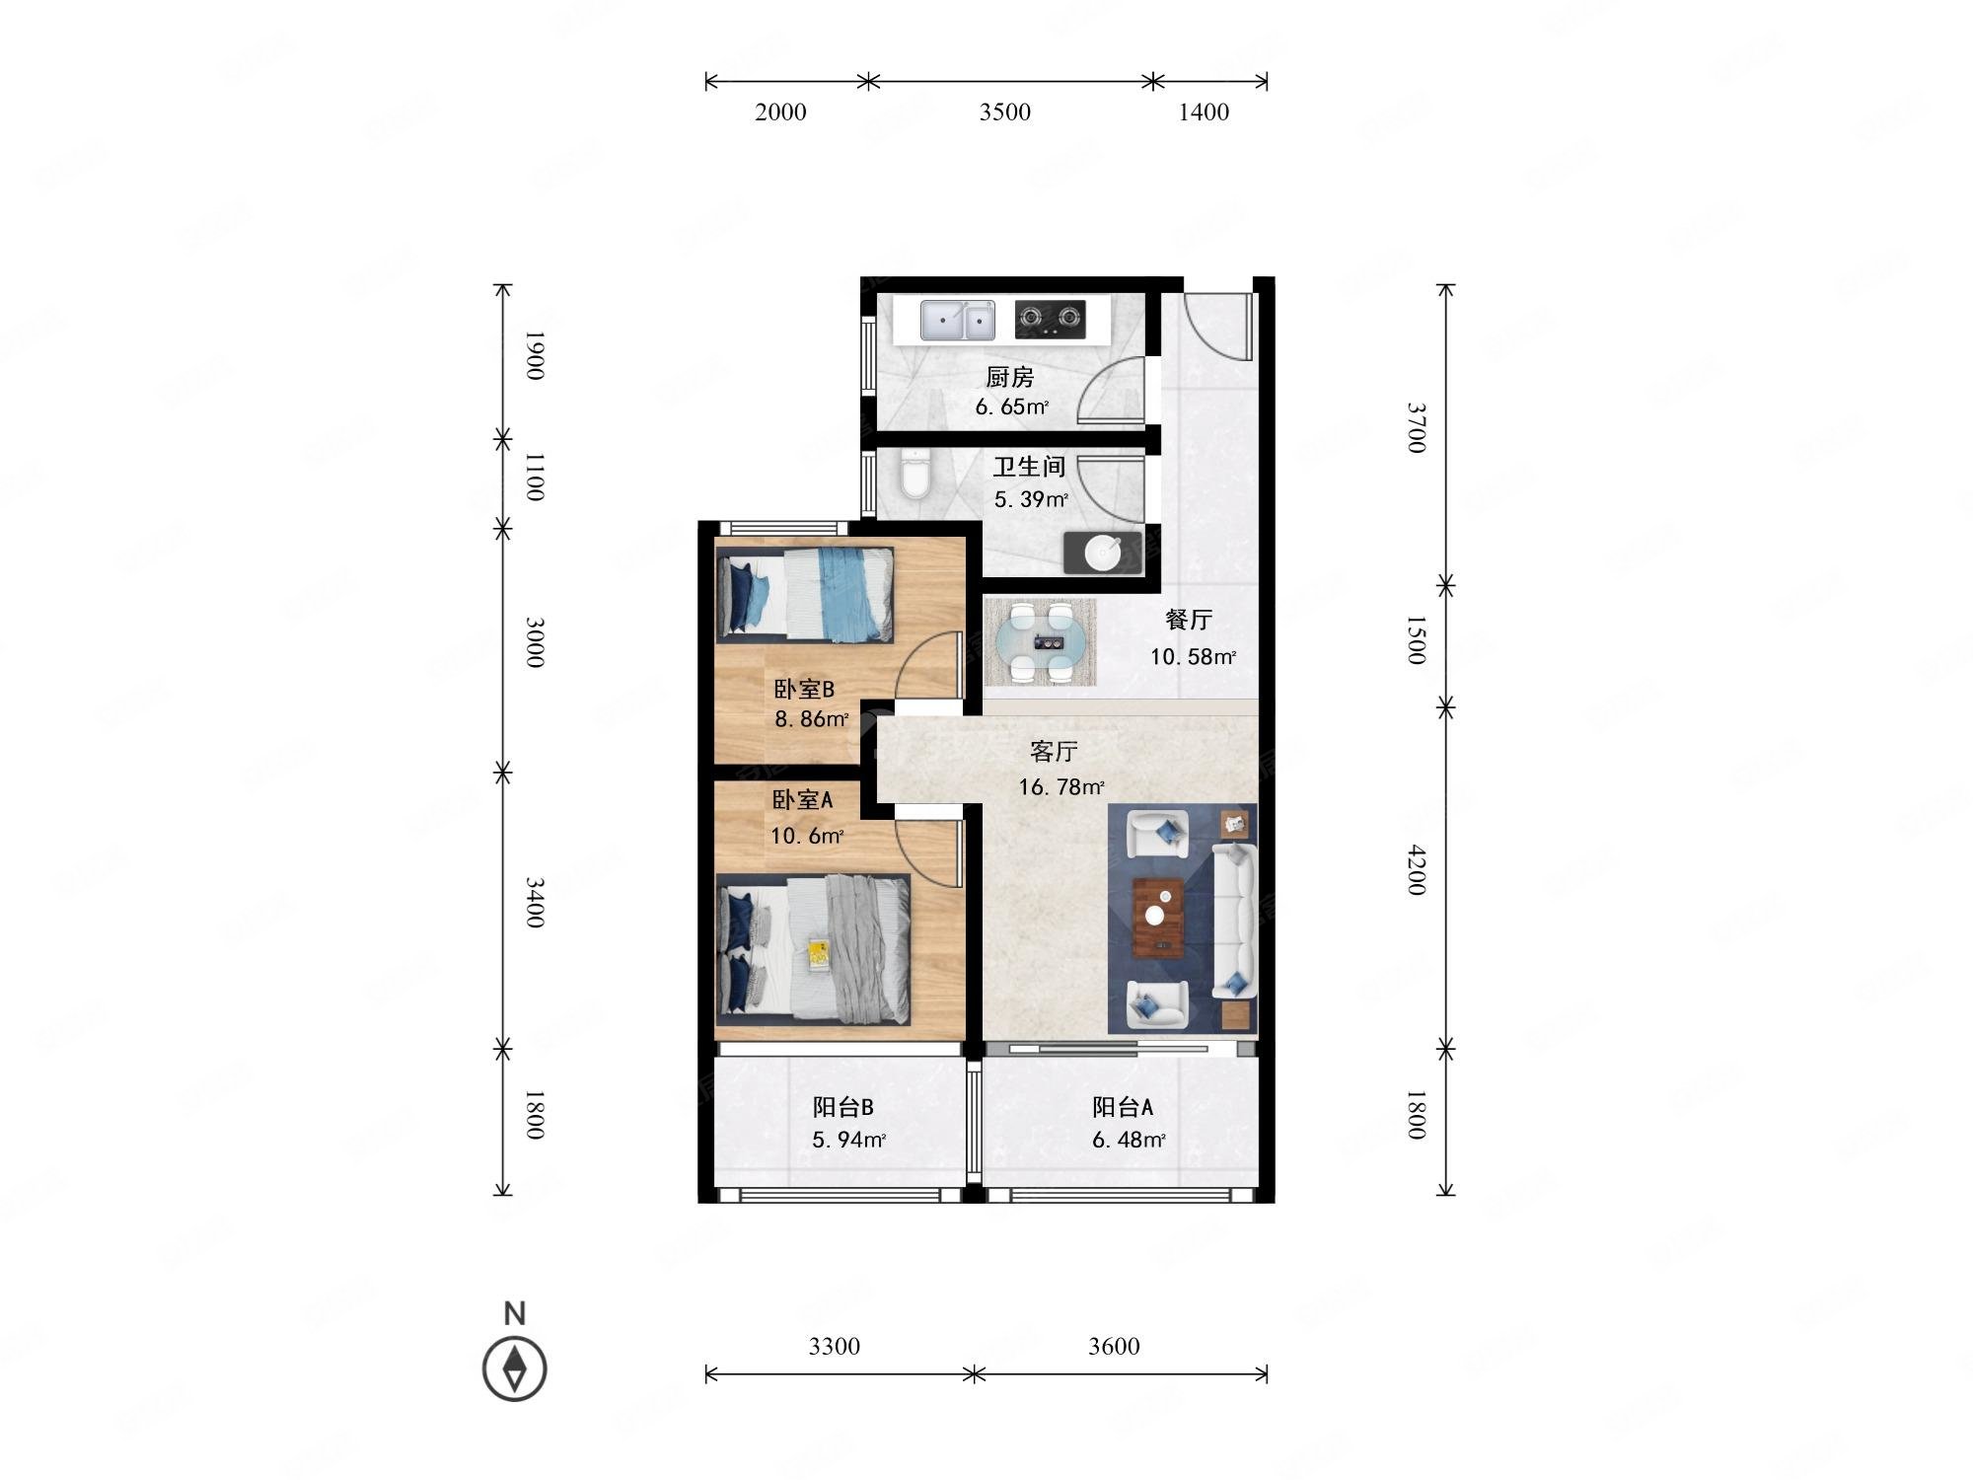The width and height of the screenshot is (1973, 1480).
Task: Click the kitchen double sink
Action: [957, 320]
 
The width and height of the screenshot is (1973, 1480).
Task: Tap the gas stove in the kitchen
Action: [1050, 319]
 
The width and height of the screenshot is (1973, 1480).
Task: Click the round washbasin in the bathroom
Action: [1102, 554]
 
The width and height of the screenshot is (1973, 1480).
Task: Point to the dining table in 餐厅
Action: [1041, 642]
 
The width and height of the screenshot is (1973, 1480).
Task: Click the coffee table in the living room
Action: [1160, 918]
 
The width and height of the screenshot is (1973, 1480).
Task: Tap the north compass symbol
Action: [514, 1369]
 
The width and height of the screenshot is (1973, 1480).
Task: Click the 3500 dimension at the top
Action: [1005, 111]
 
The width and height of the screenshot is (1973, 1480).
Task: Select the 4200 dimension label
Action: [1417, 869]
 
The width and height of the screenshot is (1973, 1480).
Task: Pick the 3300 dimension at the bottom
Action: [835, 1346]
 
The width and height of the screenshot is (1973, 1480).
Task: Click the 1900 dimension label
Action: [534, 355]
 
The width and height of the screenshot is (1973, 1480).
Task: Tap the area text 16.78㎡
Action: [1061, 787]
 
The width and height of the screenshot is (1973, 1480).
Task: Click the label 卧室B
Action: [804, 689]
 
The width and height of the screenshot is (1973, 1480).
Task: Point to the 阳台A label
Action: [1123, 1107]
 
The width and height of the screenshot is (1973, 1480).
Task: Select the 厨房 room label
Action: [1010, 377]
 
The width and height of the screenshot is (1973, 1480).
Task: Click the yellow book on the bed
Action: [819, 954]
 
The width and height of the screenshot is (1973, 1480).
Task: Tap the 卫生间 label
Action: [1029, 467]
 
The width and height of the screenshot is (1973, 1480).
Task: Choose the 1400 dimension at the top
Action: [1204, 111]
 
